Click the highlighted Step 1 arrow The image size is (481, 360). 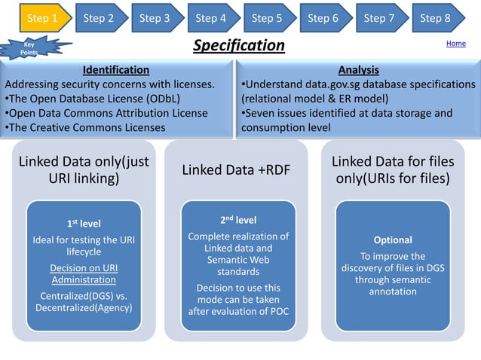tap(42, 17)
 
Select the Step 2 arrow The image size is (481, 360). tap(99, 17)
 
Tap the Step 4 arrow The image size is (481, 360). tap(211, 17)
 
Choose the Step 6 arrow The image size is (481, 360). tap(323, 17)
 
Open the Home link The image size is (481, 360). tap(455, 44)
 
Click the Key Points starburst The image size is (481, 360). tap(29, 48)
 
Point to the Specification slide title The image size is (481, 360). tap(239, 46)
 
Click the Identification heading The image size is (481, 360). tap(115, 70)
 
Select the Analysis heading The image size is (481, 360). tap(358, 70)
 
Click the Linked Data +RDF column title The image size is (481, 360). tap(236, 170)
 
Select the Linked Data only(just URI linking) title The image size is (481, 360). tap(83, 170)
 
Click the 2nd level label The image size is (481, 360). tap(237, 220)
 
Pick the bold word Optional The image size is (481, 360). tap(393, 240)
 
